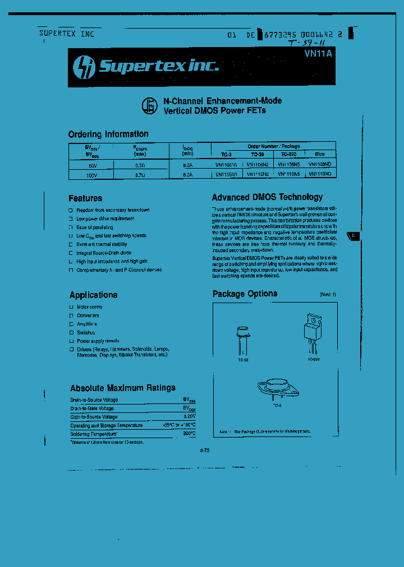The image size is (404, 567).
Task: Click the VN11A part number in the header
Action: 318,54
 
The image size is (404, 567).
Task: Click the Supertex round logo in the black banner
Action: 84,67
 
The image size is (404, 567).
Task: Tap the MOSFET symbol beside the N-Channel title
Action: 150,105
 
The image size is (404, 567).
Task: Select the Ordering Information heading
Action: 108,134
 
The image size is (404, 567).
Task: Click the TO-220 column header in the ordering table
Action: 288,154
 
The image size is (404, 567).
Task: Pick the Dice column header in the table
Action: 319,154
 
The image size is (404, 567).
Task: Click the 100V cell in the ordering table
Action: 91,175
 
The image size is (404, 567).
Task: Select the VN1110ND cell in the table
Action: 320,175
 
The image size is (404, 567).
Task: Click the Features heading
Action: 85,198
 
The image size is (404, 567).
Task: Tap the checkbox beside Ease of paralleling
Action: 71,227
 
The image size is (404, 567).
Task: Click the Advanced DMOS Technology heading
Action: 267,197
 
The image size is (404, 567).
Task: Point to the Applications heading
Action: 94,295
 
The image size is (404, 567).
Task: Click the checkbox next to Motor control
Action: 71,307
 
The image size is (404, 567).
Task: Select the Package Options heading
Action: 245,294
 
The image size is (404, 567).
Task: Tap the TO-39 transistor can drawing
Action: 242,339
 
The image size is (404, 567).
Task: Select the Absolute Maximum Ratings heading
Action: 123,388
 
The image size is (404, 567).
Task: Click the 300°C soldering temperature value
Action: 189,434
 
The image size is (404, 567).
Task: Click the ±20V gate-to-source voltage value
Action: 189,417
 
